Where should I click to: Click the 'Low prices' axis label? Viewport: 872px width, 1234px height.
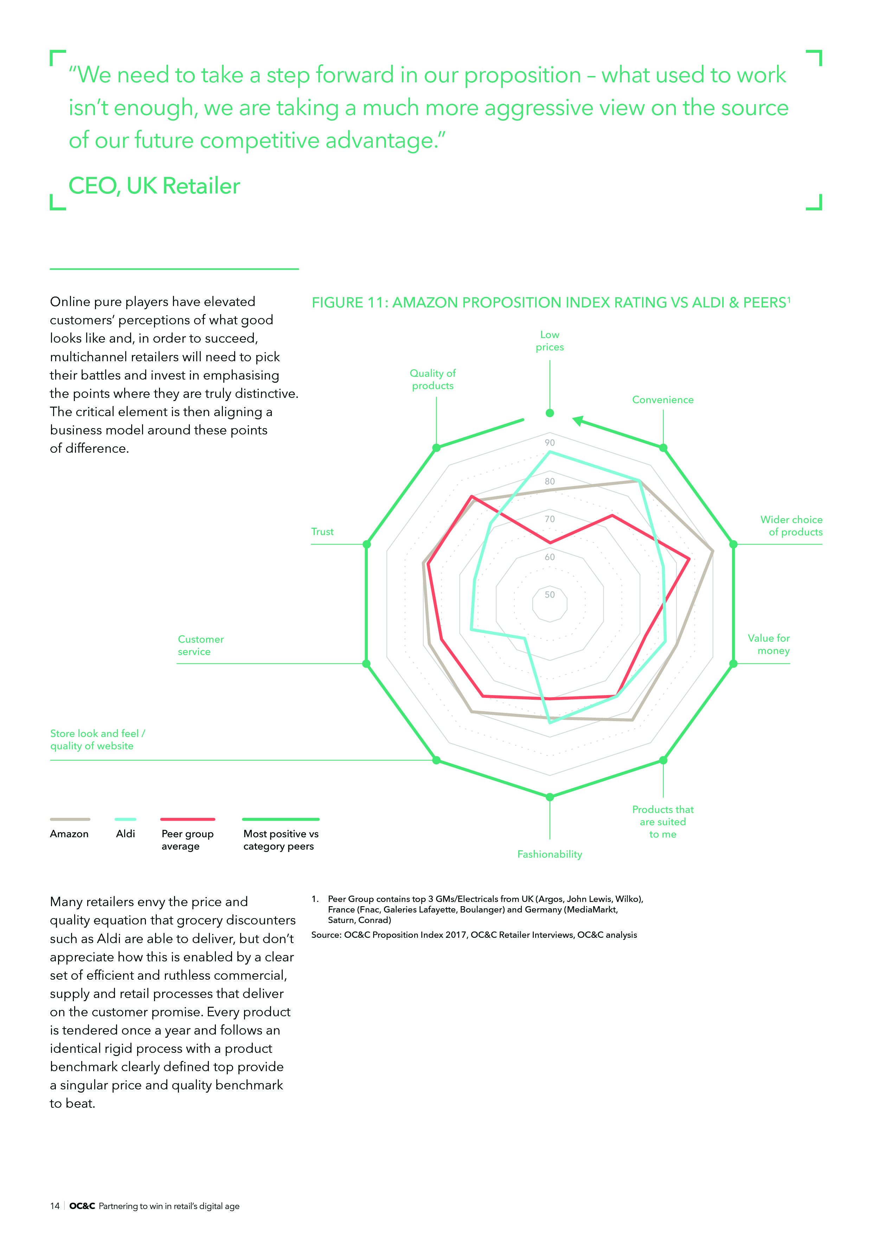pos(549,341)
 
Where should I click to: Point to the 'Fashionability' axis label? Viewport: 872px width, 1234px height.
pos(549,854)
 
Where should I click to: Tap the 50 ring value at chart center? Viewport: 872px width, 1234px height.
pos(549,594)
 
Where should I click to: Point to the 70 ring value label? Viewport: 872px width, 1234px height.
pos(549,519)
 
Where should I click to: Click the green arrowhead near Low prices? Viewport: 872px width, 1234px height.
pos(578,420)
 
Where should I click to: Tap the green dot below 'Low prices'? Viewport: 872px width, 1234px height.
pos(549,413)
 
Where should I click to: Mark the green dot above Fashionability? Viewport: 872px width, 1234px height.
pos(549,796)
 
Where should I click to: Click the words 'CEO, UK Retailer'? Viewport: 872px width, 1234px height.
pos(154,186)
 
